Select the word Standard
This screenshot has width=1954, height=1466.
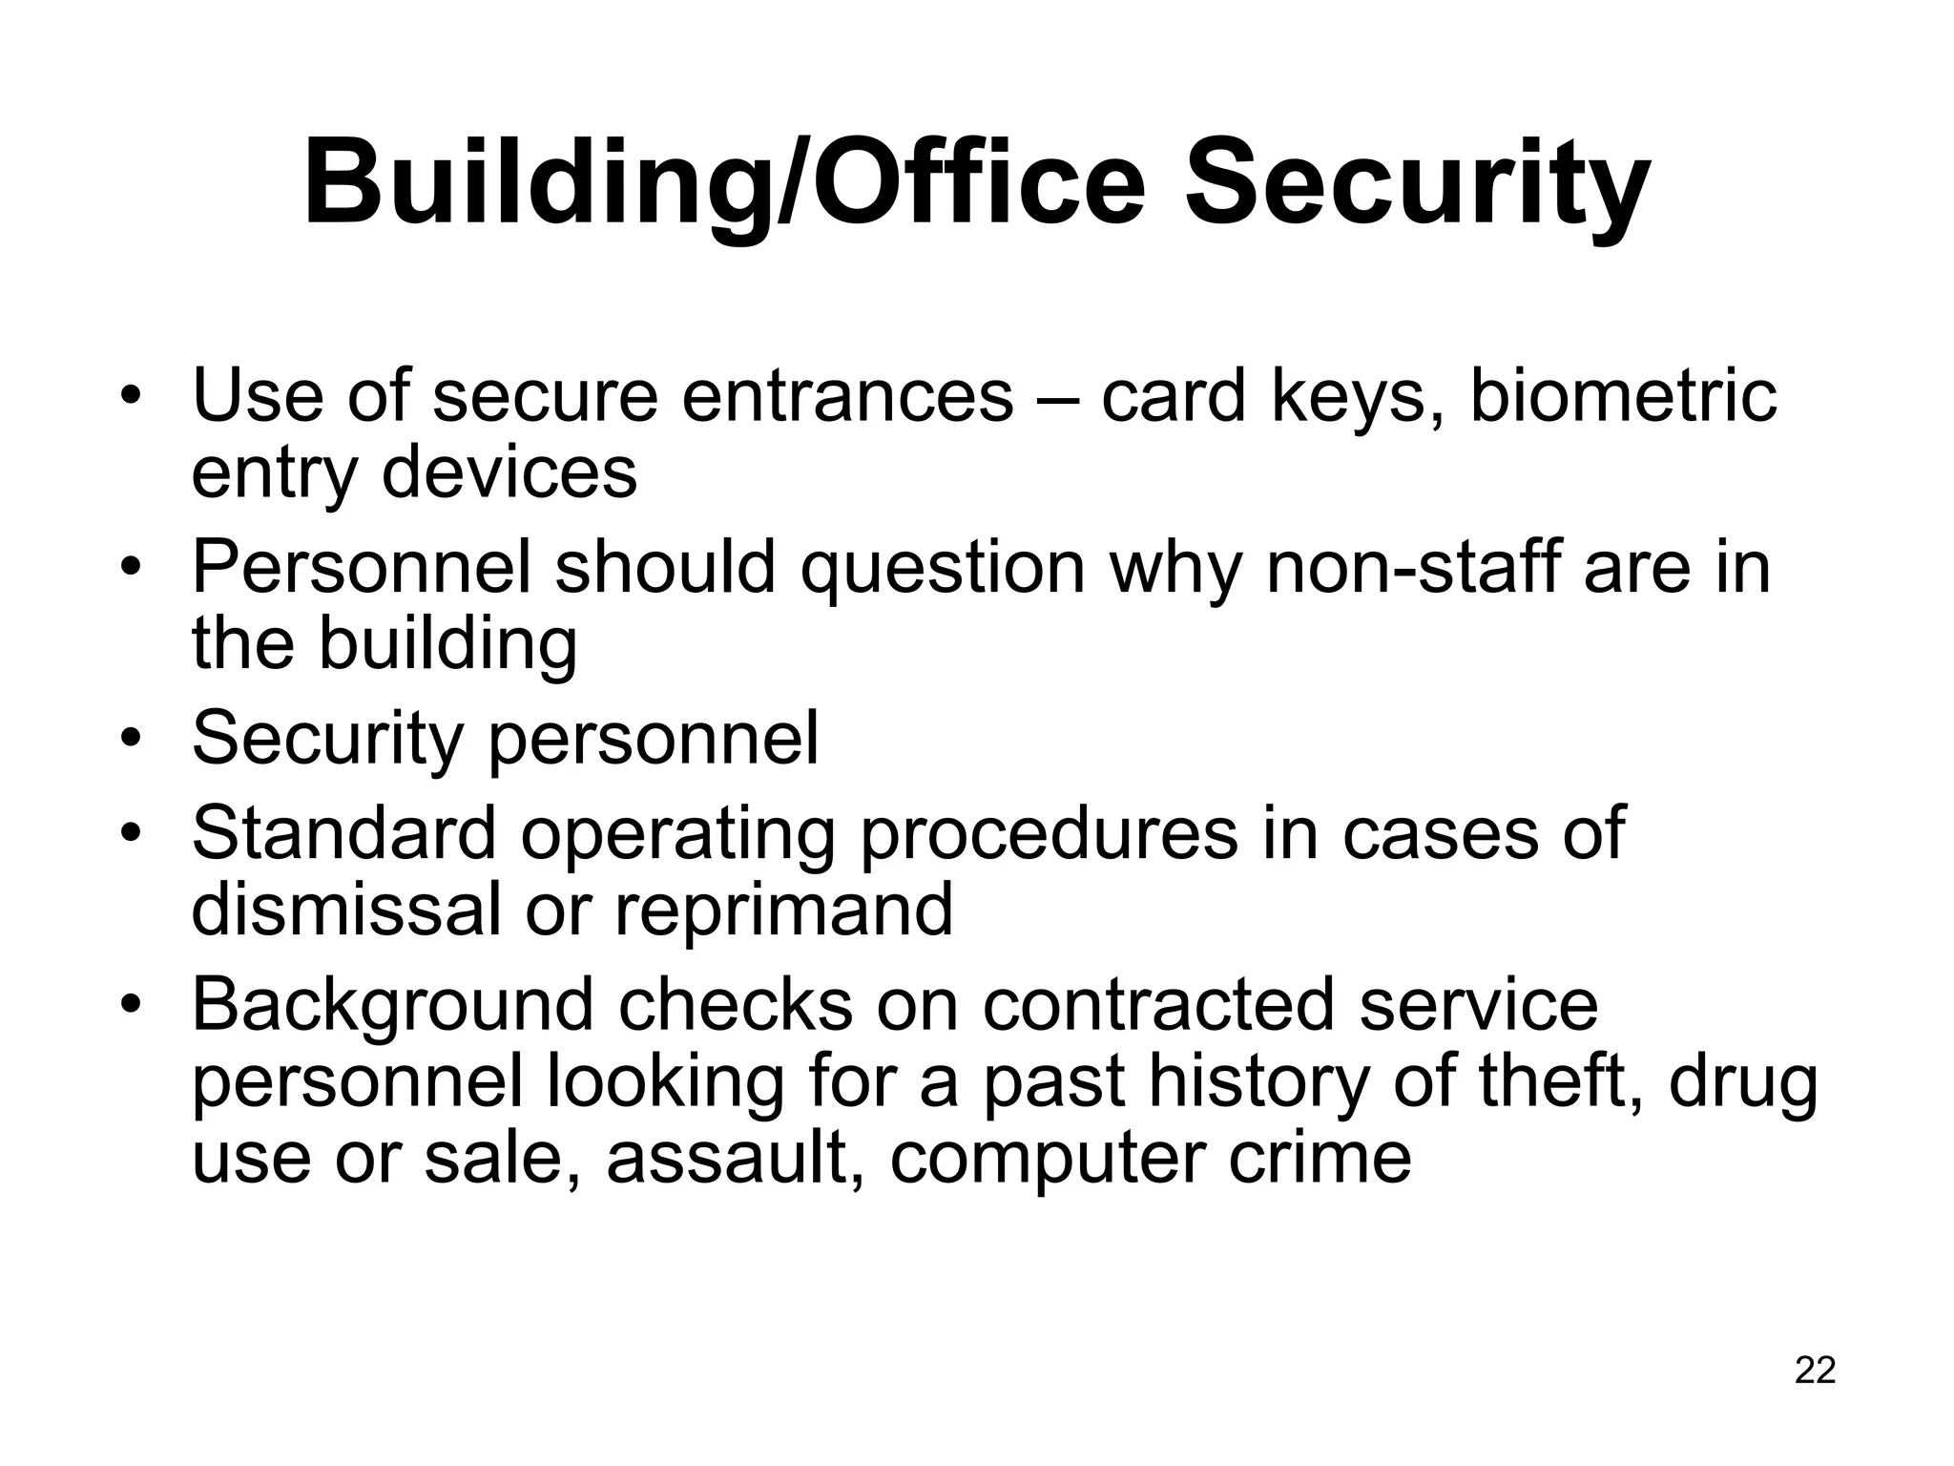click(x=343, y=833)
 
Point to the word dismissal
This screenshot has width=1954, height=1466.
click(x=345, y=909)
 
